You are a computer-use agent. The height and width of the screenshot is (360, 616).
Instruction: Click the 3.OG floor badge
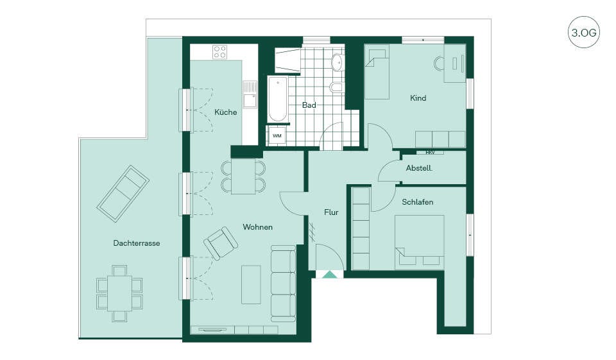click(583, 32)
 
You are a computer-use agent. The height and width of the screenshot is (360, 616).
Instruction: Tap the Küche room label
click(225, 112)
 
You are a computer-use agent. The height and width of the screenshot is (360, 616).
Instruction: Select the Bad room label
click(309, 105)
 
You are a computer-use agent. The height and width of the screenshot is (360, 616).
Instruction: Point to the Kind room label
click(418, 98)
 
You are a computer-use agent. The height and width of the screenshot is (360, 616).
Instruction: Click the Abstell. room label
click(419, 168)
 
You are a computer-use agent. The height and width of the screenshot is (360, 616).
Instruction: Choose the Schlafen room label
click(418, 202)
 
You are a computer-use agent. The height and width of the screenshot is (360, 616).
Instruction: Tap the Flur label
click(331, 212)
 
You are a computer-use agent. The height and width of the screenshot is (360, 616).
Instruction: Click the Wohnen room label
click(258, 227)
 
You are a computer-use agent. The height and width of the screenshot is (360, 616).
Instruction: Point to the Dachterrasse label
click(137, 243)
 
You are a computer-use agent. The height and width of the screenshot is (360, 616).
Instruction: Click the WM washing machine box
click(277, 136)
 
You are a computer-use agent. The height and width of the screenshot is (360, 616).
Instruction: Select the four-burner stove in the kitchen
click(220, 52)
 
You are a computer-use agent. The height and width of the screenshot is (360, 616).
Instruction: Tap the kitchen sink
click(250, 94)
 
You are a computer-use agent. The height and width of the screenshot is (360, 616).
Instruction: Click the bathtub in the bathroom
click(278, 99)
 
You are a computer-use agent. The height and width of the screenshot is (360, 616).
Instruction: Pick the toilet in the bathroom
click(336, 87)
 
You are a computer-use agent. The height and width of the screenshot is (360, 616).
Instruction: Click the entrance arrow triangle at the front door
click(330, 274)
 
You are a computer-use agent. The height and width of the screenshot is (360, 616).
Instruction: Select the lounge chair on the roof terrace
click(123, 194)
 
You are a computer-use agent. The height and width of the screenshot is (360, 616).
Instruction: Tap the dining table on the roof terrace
click(120, 293)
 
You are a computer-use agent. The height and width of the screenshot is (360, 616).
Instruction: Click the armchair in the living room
click(220, 243)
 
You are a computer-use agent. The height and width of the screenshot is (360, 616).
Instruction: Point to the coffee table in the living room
click(251, 284)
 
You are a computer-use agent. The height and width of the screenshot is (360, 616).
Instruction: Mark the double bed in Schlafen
click(420, 240)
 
